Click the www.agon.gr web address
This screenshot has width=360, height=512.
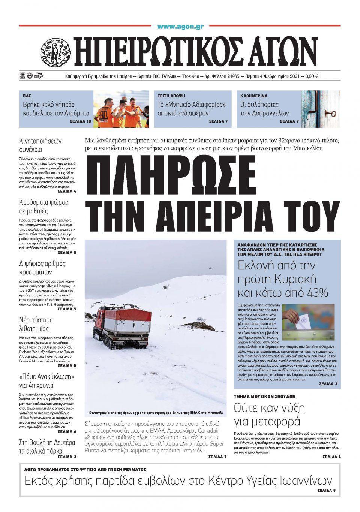point(180,27)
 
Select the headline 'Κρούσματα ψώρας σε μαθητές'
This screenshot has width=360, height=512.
point(43,207)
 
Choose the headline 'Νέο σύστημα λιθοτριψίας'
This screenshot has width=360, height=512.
point(36,324)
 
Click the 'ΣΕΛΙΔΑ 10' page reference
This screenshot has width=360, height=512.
point(81,122)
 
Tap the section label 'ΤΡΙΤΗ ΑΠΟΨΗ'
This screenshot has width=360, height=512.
point(171,96)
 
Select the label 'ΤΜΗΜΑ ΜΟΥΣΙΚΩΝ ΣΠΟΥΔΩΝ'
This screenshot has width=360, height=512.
point(265,396)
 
